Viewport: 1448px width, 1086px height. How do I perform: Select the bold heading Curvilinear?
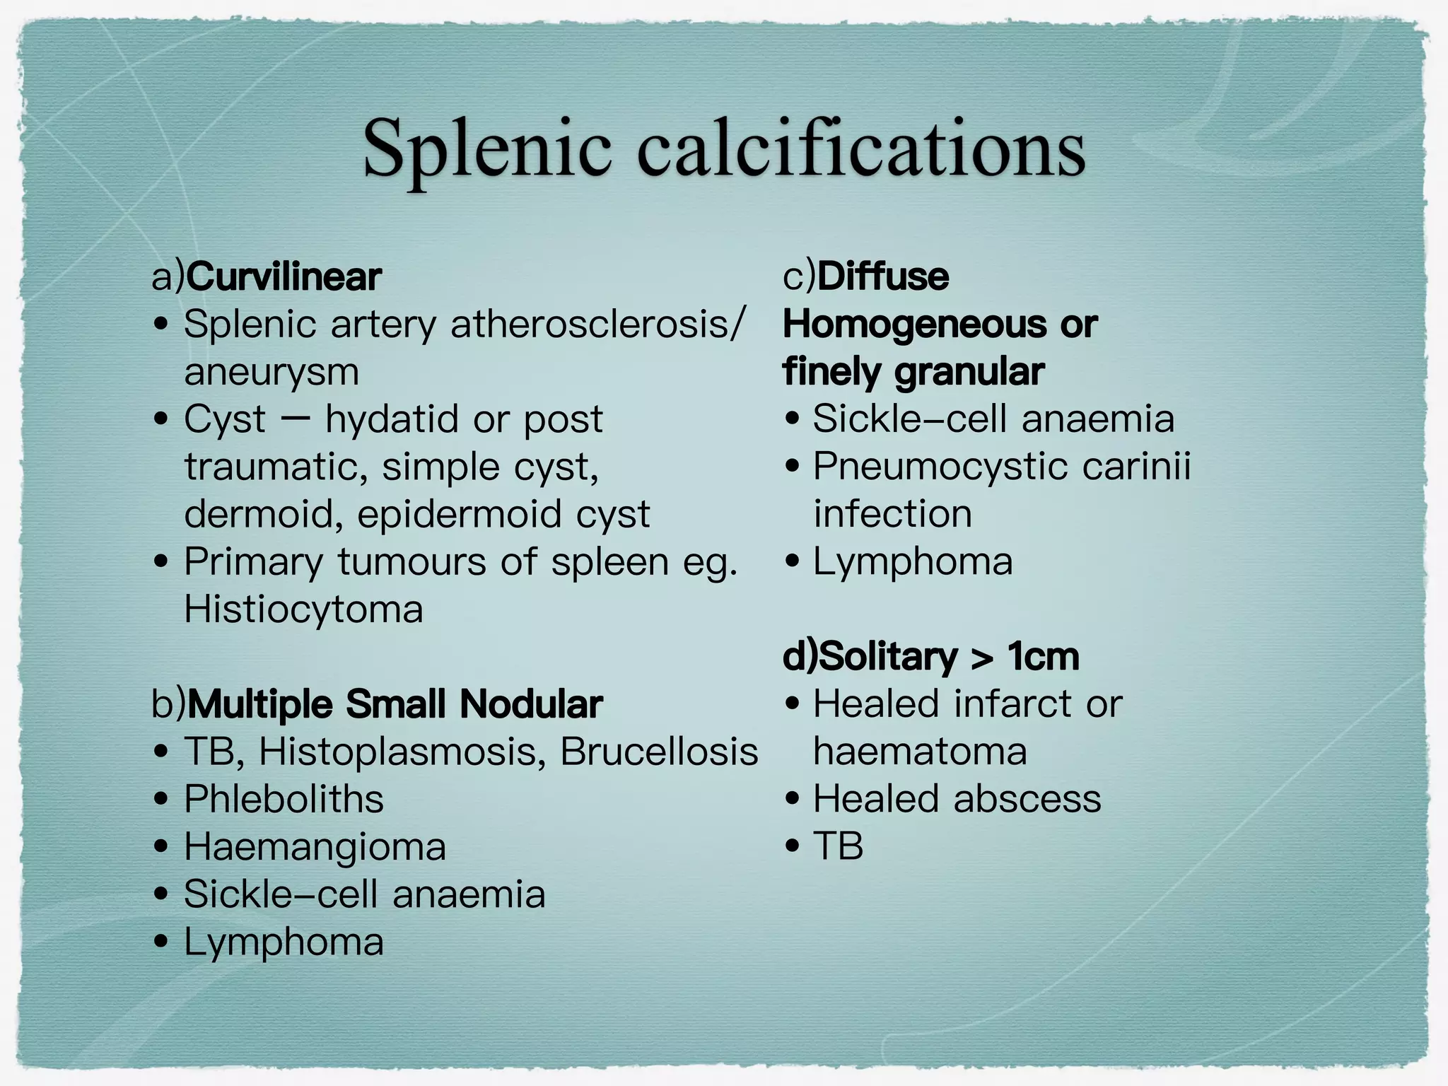(284, 276)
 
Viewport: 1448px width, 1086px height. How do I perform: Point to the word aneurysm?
(271, 372)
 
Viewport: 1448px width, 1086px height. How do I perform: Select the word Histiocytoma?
(303, 609)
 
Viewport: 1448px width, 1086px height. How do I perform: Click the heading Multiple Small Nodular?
(395, 704)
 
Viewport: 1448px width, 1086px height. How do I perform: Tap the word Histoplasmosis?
(402, 752)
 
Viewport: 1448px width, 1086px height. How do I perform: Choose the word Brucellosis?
(659, 752)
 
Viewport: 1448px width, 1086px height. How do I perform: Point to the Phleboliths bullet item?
(284, 799)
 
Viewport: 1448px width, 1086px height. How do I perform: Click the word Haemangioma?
(315, 846)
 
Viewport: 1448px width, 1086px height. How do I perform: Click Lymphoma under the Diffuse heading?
(913, 561)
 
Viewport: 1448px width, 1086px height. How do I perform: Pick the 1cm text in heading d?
(1043, 657)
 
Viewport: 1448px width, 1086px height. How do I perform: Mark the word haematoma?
(920, 752)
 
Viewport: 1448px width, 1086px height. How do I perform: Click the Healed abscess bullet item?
(957, 799)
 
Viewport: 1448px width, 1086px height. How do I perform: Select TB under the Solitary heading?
(839, 846)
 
